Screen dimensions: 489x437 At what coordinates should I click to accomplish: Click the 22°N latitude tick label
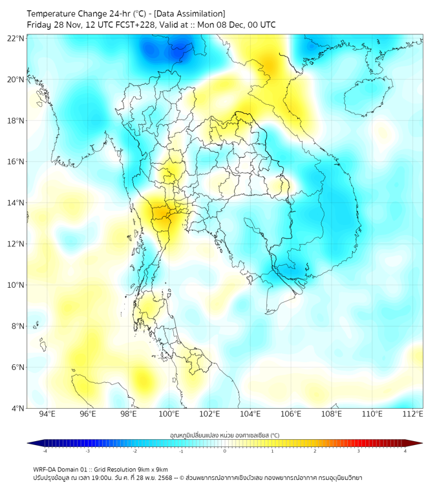tap(16, 38)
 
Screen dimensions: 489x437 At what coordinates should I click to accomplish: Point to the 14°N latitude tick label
tap(16, 202)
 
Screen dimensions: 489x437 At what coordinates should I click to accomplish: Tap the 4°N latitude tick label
tap(17, 408)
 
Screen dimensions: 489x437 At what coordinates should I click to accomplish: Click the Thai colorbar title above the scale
tap(224, 435)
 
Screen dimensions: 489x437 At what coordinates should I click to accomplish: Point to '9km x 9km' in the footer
tap(153, 470)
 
